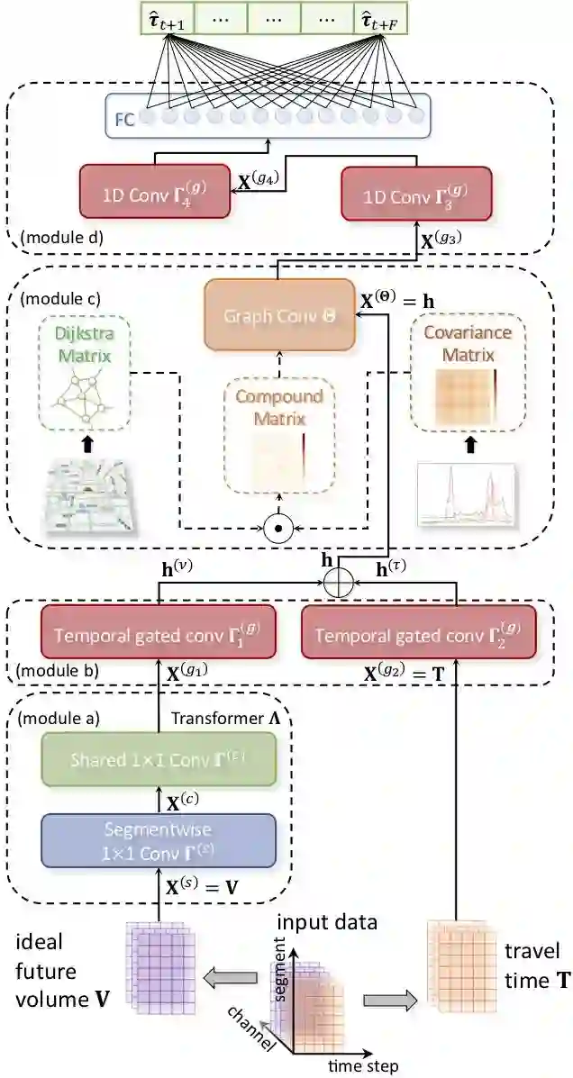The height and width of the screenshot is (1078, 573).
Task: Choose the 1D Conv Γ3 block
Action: (416, 192)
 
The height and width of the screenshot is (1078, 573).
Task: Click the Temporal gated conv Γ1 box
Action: (147, 634)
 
